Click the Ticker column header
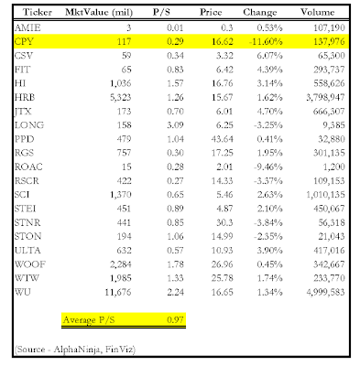pyautogui.click(x=38, y=12)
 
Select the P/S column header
pyautogui.click(x=161, y=12)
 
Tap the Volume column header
pyautogui.click(x=317, y=12)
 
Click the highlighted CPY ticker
pyautogui.click(x=24, y=41)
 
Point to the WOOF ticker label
pyautogui.click(x=30, y=264)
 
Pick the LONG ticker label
pyautogui.click(x=29, y=125)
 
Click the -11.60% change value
pyautogui.click(x=266, y=41)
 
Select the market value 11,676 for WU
pyautogui.click(x=118, y=292)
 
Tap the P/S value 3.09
pyautogui.click(x=175, y=125)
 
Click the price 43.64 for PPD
pyautogui.click(x=222, y=139)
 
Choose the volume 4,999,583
pyautogui.click(x=325, y=292)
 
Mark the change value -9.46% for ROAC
pyautogui.click(x=267, y=167)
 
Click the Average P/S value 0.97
pyautogui.click(x=175, y=319)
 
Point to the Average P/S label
pyautogui.click(x=89, y=320)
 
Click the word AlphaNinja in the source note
pyautogui.click(x=77, y=350)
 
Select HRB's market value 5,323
pyautogui.click(x=121, y=97)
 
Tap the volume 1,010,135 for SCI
pyautogui.click(x=325, y=195)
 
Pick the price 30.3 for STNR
pyautogui.click(x=224, y=222)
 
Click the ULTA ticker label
pyautogui.click(x=27, y=251)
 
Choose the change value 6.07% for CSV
pyautogui.click(x=269, y=56)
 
